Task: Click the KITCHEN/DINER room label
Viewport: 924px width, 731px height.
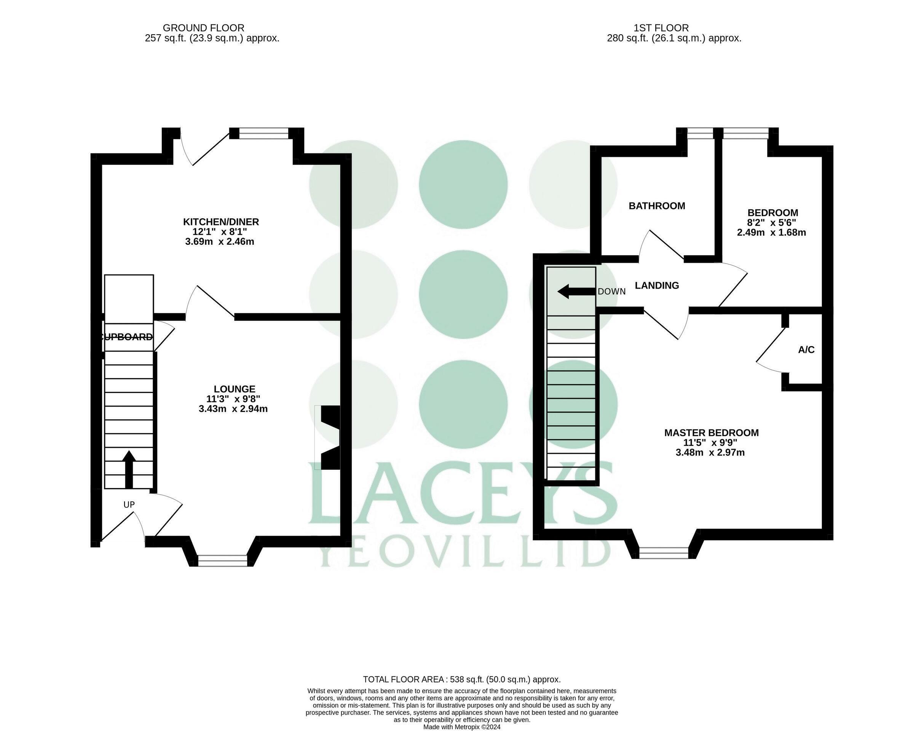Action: click(x=221, y=222)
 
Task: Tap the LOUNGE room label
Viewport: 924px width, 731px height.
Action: click(x=235, y=389)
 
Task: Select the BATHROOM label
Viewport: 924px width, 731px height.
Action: click(x=656, y=206)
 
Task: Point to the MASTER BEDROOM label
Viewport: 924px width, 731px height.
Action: click(x=711, y=433)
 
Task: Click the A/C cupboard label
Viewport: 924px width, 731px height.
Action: click(x=806, y=350)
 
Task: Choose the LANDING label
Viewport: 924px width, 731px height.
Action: click(x=656, y=286)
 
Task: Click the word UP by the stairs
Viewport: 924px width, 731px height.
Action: click(x=129, y=504)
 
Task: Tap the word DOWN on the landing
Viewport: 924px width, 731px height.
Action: click(x=611, y=292)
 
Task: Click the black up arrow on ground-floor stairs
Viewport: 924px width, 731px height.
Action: click(x=129, y=469)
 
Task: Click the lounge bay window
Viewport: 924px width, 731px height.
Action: click(x=223, y=560)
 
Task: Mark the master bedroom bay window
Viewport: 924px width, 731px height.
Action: click(x=664, y=553)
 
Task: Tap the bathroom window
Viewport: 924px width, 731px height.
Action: click(x=701, y=134)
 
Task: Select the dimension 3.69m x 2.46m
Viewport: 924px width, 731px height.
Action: click(x=220, y=241)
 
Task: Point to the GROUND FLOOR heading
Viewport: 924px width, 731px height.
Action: click(x=203, y=28)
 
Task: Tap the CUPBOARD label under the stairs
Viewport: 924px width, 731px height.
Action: click(x=127, y=337)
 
